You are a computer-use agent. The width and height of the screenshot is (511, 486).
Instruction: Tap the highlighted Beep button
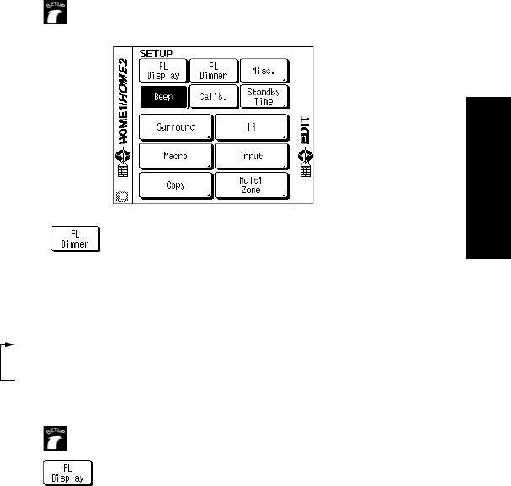click(162, 98)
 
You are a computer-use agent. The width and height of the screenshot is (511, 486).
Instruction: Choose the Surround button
click(174, 128)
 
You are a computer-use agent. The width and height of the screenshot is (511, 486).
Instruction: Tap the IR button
click(251, 128)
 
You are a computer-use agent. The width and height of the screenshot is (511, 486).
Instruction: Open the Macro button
click(174, 157)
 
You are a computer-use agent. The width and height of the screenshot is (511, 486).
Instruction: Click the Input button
click(251, 157)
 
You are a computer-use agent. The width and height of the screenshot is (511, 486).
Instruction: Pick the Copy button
click(174, 185)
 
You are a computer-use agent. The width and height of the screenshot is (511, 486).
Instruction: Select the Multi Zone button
click(251, 185)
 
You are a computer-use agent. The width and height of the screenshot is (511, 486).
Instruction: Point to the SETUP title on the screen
click(155, 53)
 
